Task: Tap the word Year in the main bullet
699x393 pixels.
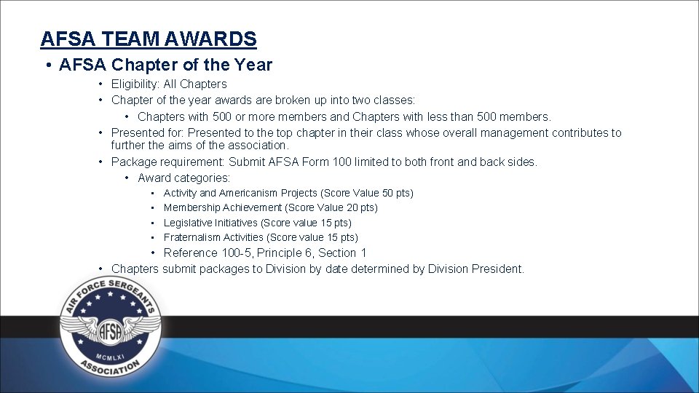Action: coord(253,65)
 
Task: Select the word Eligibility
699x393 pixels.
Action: coord(135,84)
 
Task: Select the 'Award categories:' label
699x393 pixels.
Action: coord(183,178)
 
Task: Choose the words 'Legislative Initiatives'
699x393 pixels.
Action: coord(210,223)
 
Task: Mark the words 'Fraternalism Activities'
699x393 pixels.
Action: coord(214,237)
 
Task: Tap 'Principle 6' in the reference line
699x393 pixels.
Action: coord(283,253)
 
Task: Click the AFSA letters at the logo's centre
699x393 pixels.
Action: coord(110,327)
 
